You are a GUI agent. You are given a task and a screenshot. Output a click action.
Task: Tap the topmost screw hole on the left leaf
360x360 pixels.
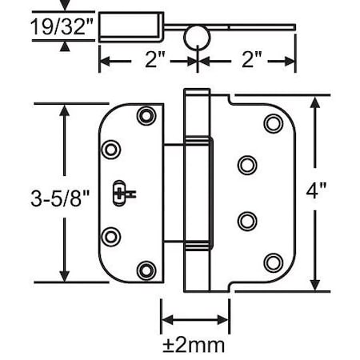tap(145, 115)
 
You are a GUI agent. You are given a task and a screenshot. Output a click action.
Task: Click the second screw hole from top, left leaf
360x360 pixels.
tap(111, 150)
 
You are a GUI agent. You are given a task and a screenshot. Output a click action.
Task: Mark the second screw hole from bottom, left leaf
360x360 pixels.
tap(111, 234)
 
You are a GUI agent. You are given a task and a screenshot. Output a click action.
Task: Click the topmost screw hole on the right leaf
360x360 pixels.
tap(273, 123)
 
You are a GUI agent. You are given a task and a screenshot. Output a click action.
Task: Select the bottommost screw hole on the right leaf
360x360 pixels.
tap(273, 262)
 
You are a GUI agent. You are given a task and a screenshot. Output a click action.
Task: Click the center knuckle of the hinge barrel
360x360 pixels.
tap(196, 192)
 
